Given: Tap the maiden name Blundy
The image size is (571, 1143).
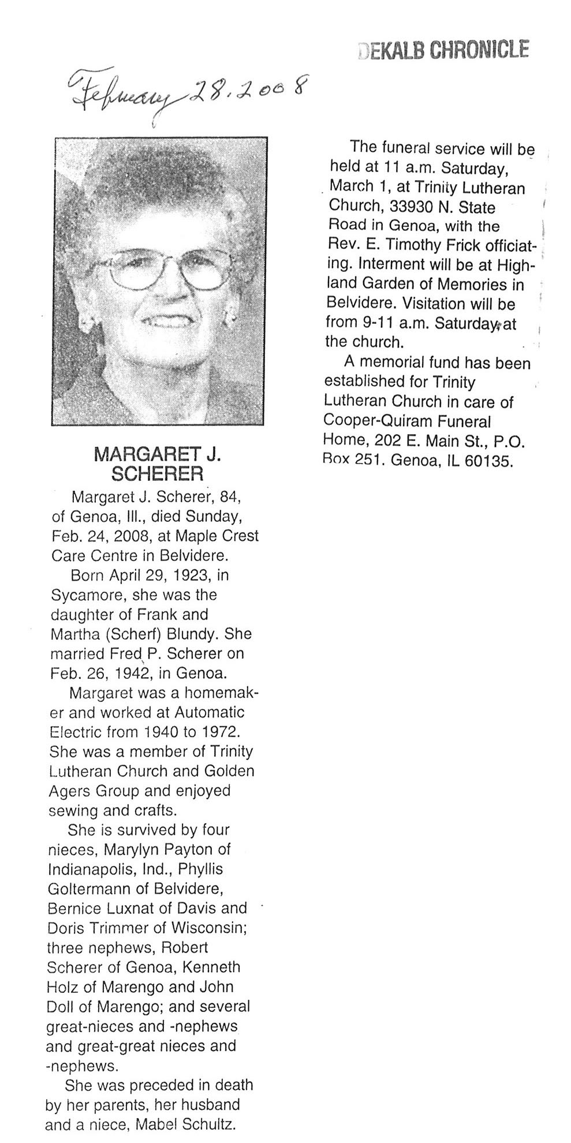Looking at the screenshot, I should click(x=192, y=634).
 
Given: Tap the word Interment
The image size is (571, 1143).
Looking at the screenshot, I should click(x=389, y=264).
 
